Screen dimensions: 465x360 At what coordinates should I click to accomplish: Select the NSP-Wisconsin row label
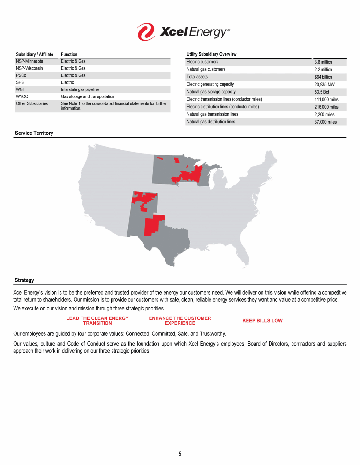click(x=30, y=68)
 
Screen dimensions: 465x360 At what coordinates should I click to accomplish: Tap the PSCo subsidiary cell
click(x=22, y=75)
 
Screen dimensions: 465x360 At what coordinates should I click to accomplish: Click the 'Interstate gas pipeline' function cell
click(x=80, y=89)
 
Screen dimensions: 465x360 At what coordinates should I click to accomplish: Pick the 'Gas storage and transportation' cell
click(x=88, y=96)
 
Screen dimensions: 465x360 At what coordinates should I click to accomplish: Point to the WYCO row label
click(x=22, y=96)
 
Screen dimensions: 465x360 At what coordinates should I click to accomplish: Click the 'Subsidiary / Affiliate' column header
click(x=35, y=54)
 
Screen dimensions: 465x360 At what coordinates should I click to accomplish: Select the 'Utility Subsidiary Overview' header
click(x=211, y=54)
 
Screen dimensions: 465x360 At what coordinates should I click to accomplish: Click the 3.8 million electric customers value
click(x=323, y=62)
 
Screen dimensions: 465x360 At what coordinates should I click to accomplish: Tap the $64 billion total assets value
click(x=323, y=77)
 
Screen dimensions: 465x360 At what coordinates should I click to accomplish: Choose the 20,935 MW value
click(x=324, y=84)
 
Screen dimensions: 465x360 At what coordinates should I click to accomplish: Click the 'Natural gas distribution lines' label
click(x=211, y=122)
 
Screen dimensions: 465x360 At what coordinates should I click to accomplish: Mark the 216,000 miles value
click(x=326, y=107)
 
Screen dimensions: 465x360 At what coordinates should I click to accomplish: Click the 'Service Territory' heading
click(x=34, y=133)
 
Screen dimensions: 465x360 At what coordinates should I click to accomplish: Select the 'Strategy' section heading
click(x=24, y=280)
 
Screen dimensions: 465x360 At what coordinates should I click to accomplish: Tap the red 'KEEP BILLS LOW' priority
click(x=262, y=321)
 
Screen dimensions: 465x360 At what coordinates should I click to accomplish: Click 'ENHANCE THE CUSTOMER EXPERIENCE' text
click(x=180, y=321)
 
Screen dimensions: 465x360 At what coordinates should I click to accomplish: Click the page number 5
click(x=180, y=454)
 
